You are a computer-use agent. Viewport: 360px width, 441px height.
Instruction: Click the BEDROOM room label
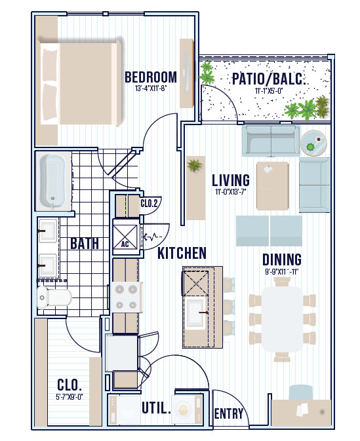pos(151,77)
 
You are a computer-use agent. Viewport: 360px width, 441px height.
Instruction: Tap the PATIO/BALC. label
pos(268,79)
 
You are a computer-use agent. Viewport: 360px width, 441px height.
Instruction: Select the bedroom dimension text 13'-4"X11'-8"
pos(151,88)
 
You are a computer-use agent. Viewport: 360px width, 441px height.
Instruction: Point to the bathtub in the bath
pos(52,182)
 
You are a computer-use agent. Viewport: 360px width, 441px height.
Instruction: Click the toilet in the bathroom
pos(54,297)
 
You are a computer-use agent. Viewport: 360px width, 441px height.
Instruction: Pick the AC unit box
pos(125,237)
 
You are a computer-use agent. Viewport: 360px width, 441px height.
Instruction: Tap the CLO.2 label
pos(149,203)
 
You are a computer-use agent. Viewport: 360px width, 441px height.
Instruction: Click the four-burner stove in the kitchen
pos(127,297)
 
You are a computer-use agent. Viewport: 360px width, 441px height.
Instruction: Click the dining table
pos(283,319)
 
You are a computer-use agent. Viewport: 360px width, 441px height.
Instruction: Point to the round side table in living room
pos(313,143)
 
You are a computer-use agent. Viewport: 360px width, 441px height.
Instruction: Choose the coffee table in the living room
pos(273,185)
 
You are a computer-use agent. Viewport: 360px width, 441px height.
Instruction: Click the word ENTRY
pos(229,413)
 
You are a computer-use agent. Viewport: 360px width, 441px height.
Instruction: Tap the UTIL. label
pos(156,408)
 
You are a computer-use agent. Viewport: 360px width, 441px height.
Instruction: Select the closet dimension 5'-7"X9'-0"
pos(70,397)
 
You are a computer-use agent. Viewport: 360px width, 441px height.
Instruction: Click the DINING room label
pos(282,259)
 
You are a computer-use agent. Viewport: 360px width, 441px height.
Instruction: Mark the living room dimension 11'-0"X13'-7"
pos(231,192)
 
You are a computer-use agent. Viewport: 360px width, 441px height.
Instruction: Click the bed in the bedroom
pos(81,83)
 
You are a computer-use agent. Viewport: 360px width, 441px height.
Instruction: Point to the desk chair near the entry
pos(301,392)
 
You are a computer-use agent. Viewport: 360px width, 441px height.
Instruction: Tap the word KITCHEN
pos(182,253)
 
